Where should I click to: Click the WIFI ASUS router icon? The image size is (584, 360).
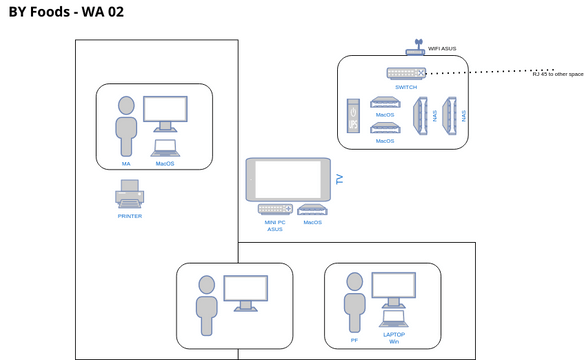(x=415, y=47)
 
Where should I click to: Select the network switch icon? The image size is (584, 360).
(x=406, y=73)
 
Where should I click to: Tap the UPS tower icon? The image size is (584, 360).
(x=352, y=115)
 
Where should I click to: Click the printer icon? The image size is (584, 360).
(x=130, y=193)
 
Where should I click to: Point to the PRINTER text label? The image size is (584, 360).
(x=130, y=216)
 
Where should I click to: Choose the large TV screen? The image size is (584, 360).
(x=288, y=179)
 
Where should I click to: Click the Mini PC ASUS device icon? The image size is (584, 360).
(x=274, y=209)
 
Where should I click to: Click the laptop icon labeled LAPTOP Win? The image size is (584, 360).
(x=394, y=319)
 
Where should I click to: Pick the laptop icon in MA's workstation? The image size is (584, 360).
(x=165, y=148)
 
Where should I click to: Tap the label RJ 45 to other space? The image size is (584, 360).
(x=557, y=74)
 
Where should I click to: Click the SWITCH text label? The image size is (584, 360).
(x=406, y=87)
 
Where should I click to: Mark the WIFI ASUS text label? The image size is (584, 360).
(x=442, y=47)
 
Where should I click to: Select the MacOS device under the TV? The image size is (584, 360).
(x=312, y=209)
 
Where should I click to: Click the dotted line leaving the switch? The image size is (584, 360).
(x=480, y=73)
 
